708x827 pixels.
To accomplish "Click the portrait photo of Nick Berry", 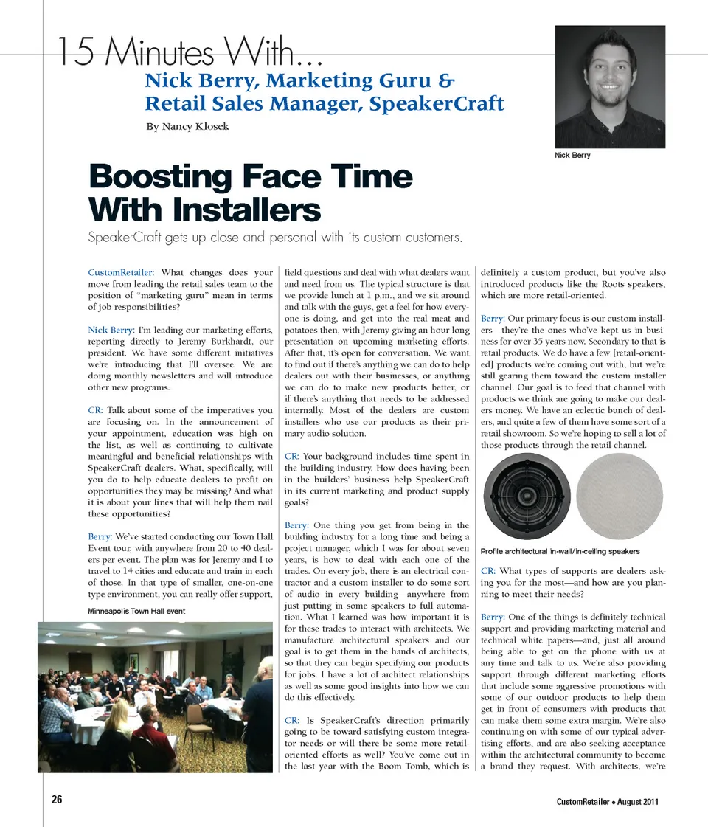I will tap(609, 87).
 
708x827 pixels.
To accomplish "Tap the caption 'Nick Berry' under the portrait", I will tap(572, 156).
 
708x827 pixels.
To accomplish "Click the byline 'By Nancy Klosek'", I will tap(187, 126).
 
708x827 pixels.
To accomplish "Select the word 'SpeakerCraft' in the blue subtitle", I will tap(437, 103).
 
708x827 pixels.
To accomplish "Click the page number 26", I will tap(57, 800).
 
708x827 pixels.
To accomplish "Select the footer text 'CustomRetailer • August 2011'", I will tap(608, 802).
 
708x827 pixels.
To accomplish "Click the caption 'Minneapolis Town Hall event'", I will tap(136, 611).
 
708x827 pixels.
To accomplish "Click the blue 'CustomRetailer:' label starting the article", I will tap(121, 273).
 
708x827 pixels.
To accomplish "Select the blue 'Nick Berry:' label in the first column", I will tap(111, 329).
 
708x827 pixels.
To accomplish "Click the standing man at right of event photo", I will tap(258, 705).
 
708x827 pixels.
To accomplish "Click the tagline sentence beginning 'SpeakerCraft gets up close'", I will tap(274, 238).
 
